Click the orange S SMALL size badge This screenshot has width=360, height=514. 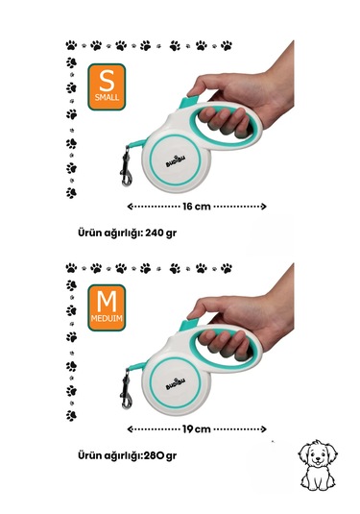(x=107, y=86)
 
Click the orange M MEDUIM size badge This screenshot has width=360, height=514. (x=107, y=307)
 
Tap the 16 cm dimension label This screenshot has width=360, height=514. (x=197, y=207)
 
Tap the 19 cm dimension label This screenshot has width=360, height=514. (x=196, y=429)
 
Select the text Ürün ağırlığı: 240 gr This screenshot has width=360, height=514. (x=127, y=233)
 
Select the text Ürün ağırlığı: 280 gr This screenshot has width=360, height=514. (x=127, y=456)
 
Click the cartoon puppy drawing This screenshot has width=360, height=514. (x=318, y=465)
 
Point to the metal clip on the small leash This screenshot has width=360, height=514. (x=126, y=167)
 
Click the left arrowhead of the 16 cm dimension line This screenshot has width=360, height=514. (x=130, y=207)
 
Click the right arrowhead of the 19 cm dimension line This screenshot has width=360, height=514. (x=263, y=429)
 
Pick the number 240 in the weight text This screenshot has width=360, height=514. (x=155, y=233)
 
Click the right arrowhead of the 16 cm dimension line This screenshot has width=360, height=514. (x=263, y=207)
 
